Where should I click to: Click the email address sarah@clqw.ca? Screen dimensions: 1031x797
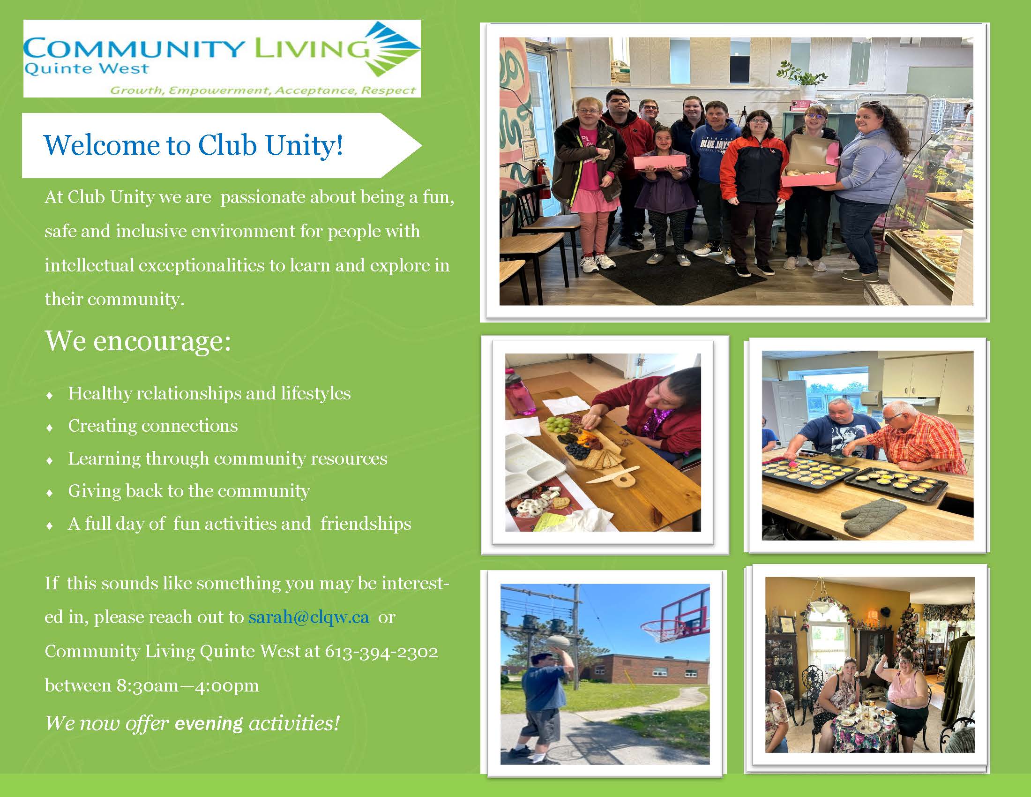click(x=309, y=617)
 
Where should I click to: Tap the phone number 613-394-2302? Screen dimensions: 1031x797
click(x=381, y=652)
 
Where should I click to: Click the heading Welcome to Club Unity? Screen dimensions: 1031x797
click(x=193, y=145)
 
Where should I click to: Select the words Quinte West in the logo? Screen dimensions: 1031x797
click(x=86, y=69)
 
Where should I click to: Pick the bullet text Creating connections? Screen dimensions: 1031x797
click(x=153, y=426)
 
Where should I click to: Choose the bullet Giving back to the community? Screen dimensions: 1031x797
click(x=189, y=491)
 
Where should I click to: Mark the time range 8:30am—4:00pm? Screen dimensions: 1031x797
click(x=187, y=685)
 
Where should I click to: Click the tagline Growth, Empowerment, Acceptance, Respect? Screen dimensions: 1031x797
click(x=263, y=90)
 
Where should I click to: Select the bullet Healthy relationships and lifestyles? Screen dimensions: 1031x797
click(x=209, y=393)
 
